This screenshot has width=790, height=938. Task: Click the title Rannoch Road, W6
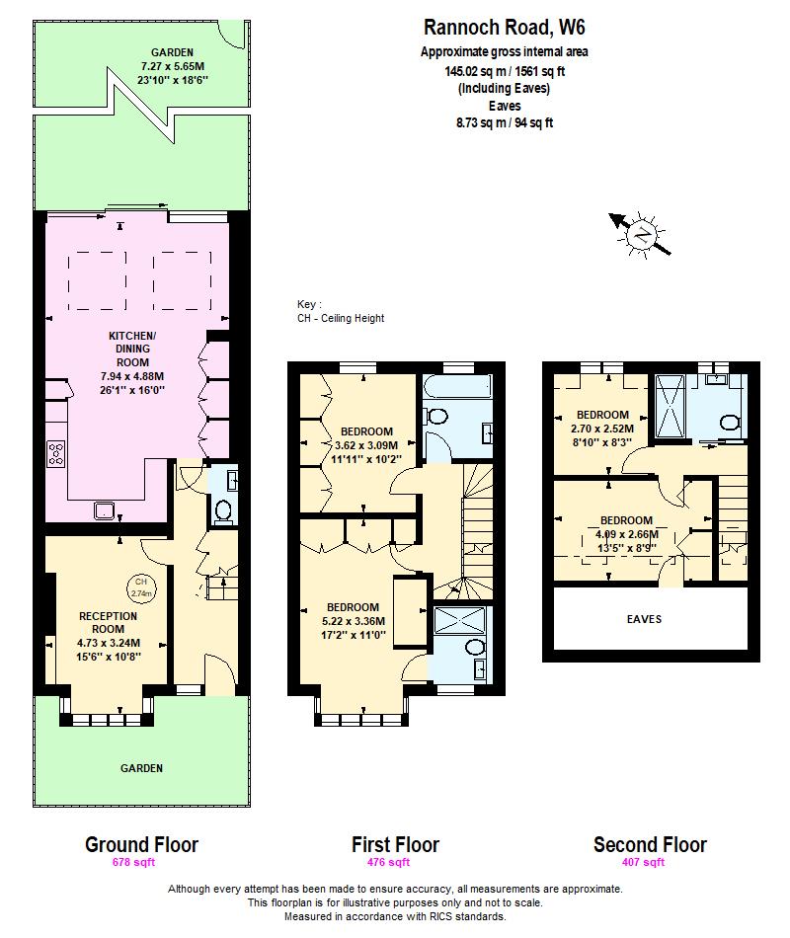coord(496,29)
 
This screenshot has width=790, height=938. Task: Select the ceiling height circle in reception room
coord(141,588)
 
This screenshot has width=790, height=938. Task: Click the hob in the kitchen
coord(57,453)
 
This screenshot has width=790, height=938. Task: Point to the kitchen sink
coord(102,510)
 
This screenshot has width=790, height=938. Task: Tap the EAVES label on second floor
coord(644,619)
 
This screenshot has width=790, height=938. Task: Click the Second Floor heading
coord(650,844)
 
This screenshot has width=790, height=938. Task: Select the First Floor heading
coord(395,844)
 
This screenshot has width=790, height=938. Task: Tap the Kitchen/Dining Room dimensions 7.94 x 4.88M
coord(132,376)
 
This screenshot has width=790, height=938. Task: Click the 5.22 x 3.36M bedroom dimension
coord(353,620)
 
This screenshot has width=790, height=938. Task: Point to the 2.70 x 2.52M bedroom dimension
coord(602,428)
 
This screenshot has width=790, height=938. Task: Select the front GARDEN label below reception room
coord(141,767)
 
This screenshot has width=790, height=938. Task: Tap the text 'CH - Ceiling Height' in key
coord(341,318)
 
